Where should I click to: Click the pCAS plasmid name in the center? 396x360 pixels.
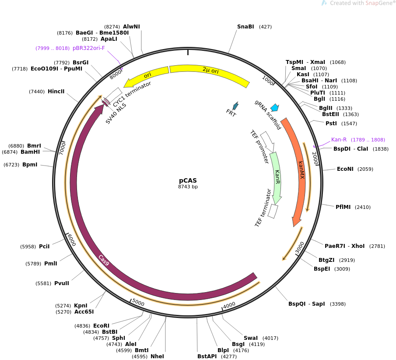coord(188,180)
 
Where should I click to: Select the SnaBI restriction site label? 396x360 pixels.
coord(245,27)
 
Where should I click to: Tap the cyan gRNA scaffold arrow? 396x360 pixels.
coord(275,107)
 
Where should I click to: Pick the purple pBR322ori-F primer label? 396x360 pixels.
coord(89,48)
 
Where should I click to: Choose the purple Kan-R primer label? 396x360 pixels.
coord(339,140)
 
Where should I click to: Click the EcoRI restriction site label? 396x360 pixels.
coord(101,326)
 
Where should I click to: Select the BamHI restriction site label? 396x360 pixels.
coord(30,152)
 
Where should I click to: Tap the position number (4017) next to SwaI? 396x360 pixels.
coord(270,338)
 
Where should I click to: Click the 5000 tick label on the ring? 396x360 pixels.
coord(138,303)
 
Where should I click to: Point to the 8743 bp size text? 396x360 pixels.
coord(188,187)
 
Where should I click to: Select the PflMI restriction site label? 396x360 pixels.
coord(343,207)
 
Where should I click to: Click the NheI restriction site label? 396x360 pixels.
coord(157,356)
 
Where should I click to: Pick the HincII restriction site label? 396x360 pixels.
coord(56,92)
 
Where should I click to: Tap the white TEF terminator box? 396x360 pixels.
coord(273,211)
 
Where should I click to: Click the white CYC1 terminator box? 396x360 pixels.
coord(113,95)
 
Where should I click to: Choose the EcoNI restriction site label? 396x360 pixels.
coord(345,169)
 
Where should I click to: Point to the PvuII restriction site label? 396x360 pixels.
coord(62,283)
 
